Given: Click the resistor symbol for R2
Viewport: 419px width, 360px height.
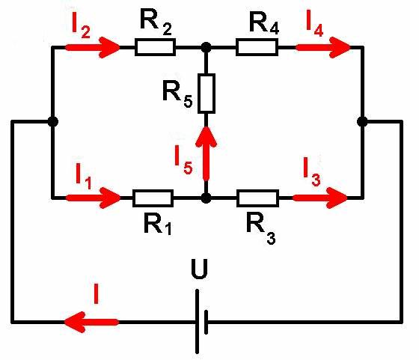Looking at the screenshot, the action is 156,47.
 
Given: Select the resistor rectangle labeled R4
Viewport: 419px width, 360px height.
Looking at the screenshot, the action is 257,47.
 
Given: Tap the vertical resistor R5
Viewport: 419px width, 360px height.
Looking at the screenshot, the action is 207,94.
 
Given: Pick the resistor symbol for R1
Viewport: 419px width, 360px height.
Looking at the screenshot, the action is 153,198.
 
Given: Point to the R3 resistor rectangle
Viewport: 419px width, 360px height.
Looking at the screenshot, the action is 258,198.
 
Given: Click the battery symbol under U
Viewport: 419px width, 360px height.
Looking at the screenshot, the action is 201,322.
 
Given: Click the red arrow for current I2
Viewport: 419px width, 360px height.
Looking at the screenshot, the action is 93,48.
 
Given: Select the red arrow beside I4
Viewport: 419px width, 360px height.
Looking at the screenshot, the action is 322,48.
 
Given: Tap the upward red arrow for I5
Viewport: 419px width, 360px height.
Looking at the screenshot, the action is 206,153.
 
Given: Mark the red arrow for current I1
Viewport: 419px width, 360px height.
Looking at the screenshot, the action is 94,198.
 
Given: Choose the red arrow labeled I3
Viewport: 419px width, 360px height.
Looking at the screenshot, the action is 320,198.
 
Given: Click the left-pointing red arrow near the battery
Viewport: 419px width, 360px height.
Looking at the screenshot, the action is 91,322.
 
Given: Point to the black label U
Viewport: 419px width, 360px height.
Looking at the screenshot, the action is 200,269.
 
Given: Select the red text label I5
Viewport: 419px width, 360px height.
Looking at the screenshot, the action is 183,160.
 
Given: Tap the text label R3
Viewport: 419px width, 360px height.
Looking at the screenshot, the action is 261,229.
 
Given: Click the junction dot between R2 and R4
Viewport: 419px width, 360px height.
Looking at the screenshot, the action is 206,48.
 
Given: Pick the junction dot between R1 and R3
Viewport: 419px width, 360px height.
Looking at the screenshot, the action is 206,198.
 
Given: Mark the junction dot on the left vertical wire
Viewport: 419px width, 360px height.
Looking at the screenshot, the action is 53,121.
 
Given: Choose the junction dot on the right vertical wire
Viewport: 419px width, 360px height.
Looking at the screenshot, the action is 362,121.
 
